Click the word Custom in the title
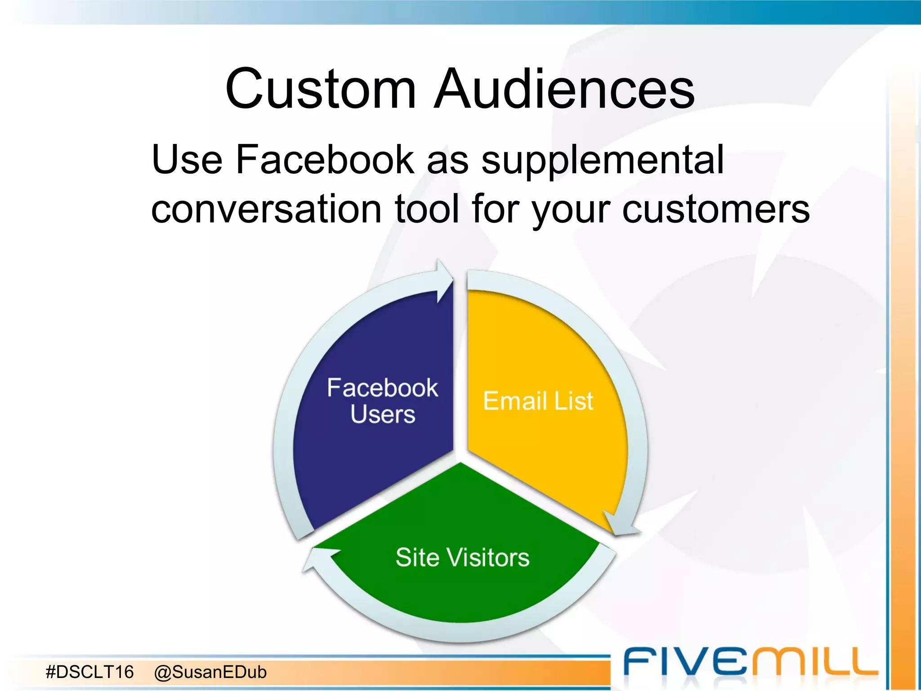[321, 89]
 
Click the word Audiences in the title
[564, 89]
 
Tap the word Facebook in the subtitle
[324, 159]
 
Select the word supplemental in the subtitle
[603, 161]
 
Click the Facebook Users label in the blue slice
[382, 400]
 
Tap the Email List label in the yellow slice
[538, 401]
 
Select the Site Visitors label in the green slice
[462, 557]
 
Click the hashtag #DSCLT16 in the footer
[90, 672]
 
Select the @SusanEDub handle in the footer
[210, 672]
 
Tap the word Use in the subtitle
[187, 159]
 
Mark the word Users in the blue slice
[383, 414]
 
